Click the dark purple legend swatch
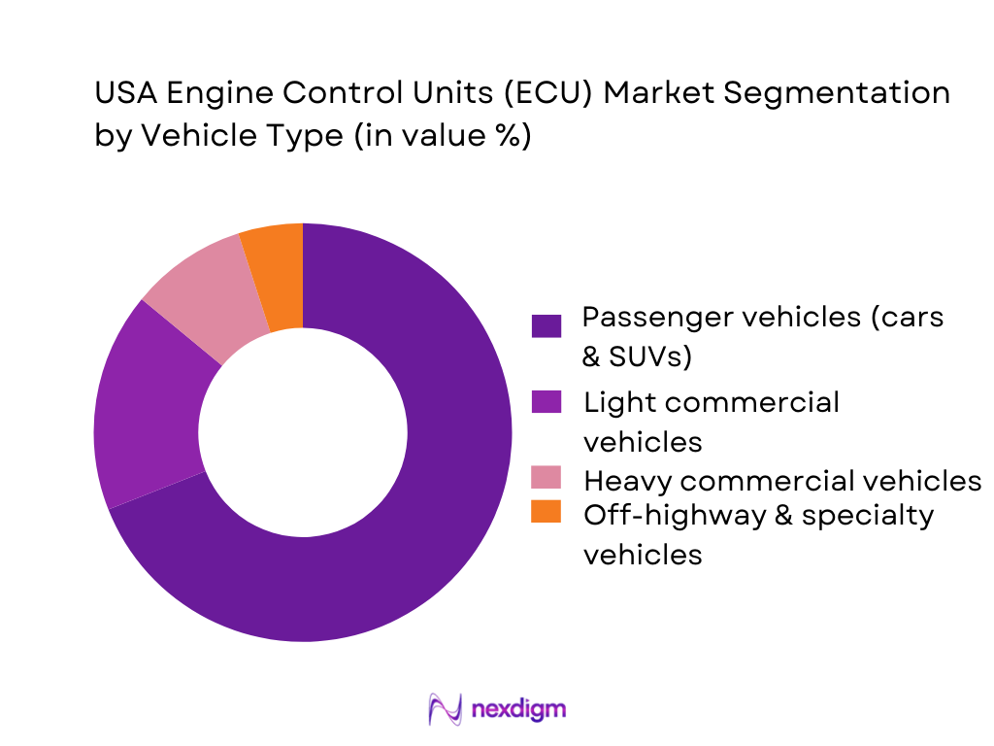click(547, 325)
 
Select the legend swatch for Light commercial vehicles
click(547, 402)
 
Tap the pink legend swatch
click(547, 477)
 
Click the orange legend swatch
click(547, 512)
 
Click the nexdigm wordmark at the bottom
click(517, 709)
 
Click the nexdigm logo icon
click(446, 709)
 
